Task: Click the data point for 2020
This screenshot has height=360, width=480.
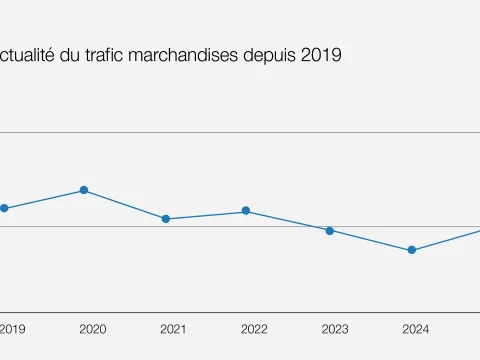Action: [84, 190]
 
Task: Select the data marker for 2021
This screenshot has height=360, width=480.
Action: [166, 219]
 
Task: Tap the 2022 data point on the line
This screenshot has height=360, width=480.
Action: [246, 211]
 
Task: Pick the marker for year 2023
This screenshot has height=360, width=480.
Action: [329, 230]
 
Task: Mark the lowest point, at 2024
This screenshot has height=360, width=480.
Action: [411, 250]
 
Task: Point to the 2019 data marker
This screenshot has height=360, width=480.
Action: [4, 208]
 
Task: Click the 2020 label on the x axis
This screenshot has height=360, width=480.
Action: [92, 329]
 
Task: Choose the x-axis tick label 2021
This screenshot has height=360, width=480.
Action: [173, 329]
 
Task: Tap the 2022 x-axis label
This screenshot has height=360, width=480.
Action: [254, 329]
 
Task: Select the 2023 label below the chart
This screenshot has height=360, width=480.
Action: [335, 329]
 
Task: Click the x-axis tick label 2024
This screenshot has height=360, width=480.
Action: [416, 329]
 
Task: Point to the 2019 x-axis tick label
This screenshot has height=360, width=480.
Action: [13, 329]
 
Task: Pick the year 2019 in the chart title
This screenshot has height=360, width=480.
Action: [320, 56]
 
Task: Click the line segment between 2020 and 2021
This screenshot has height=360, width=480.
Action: [125, 204]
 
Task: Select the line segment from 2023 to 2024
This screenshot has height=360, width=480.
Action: [370, 240]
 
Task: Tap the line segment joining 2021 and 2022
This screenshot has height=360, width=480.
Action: [206, 215]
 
